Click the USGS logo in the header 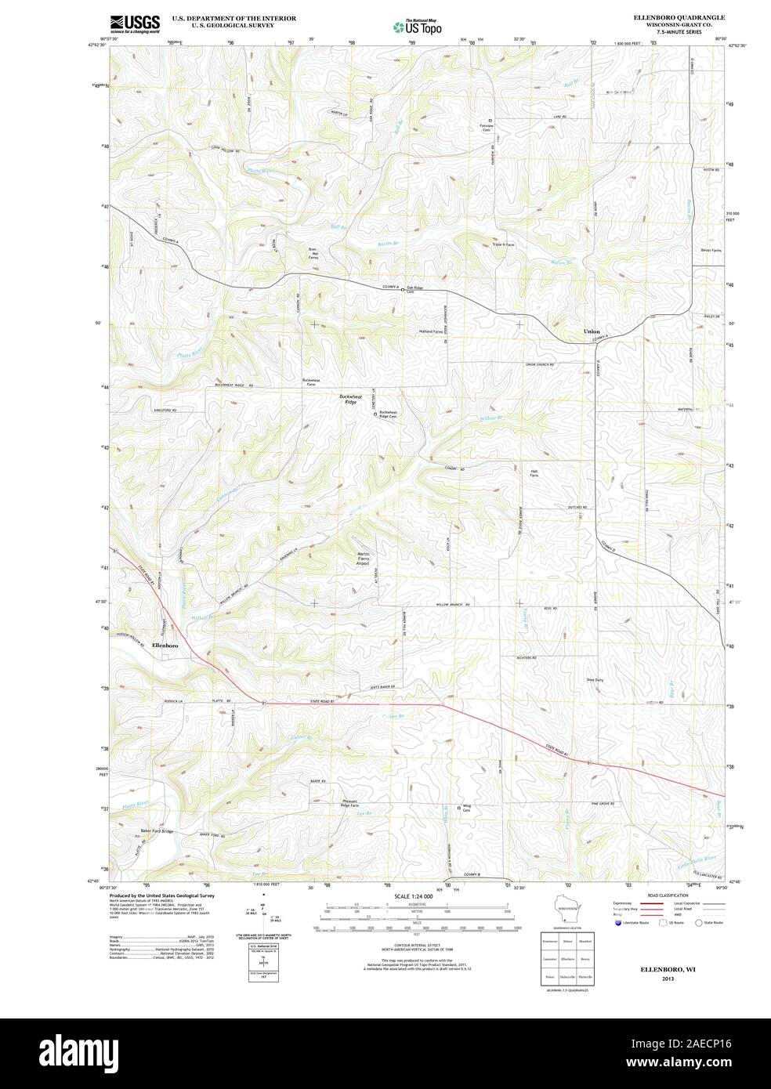135,24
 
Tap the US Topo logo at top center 418,27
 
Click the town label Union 592,331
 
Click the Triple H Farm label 503,244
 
